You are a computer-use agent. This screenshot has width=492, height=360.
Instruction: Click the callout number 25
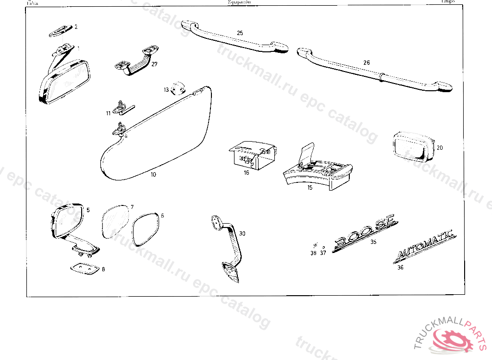pos(240,33)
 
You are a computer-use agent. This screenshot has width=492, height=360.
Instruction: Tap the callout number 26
pos(367,62)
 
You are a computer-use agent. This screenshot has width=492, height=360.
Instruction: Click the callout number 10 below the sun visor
pos(153,175)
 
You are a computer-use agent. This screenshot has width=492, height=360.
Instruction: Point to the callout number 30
pos(242,234)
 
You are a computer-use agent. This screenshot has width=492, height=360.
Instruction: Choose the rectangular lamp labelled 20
pos(411,146)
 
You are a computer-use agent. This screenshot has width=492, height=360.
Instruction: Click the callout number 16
pos(246,173)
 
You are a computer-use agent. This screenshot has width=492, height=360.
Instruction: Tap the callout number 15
pos(310,188)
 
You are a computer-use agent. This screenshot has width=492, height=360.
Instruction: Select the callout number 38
pos(313,253)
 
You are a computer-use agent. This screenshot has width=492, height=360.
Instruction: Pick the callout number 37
pos(323,253)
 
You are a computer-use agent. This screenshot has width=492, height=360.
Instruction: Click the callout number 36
pos(400,268)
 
